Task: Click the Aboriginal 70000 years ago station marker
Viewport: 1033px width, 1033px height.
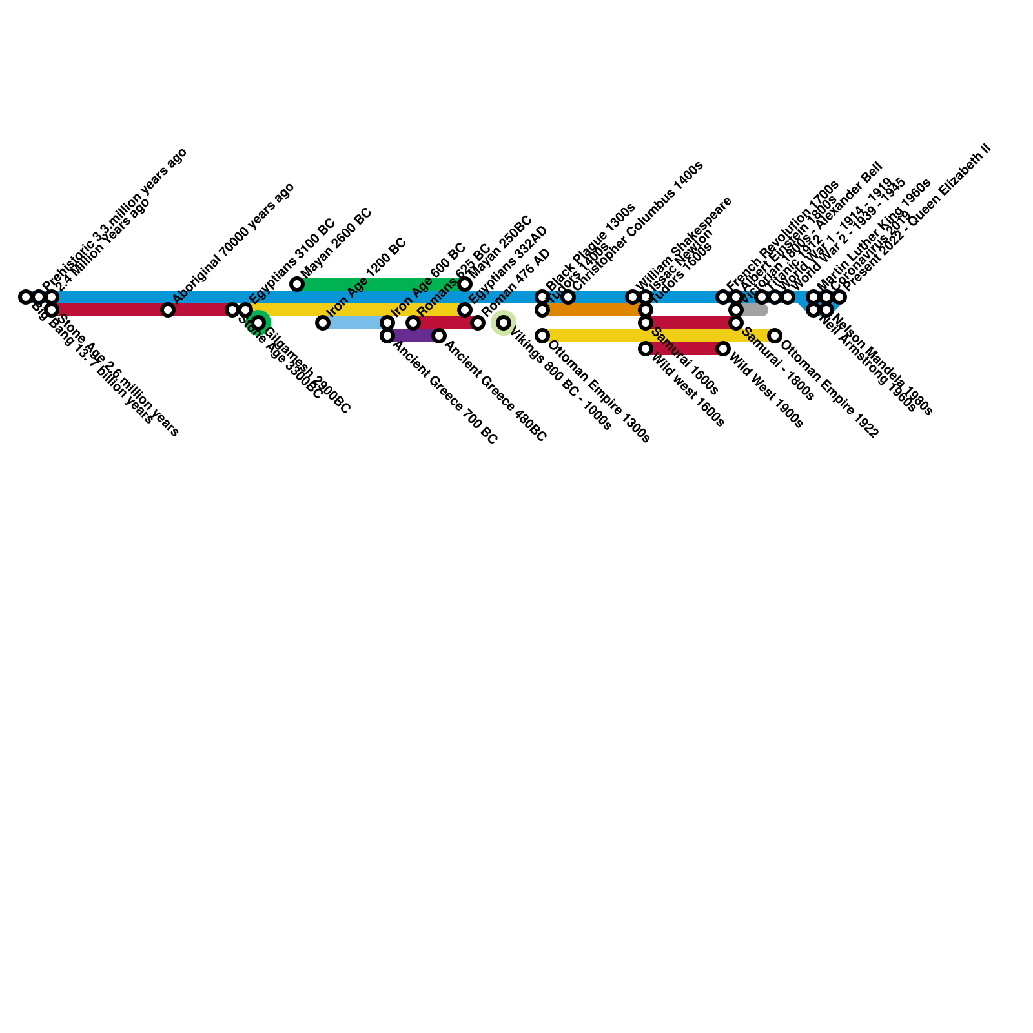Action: click(x=168, y=310)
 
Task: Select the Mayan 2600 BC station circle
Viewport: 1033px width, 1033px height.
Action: click(x=297, y=284)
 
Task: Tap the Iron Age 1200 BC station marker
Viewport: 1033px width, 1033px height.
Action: click(x=323, y=323)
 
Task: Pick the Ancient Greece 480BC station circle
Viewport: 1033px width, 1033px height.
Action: click(x=439, y=336)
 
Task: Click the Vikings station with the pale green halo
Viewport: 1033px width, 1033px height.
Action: click(x=504, y=323)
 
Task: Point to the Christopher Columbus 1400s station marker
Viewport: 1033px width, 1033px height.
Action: click(x=568, y=297)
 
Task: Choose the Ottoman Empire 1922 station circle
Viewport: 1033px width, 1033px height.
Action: click(x=775, y=336)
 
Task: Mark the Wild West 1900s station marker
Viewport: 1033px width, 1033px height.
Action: click(x=723, y=349)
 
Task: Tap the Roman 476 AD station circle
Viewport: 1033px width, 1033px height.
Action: click(x=478, y=323)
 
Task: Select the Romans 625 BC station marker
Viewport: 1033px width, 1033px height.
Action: click(x=413, y=323)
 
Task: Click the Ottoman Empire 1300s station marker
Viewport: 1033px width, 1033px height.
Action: click(x=542, y=336)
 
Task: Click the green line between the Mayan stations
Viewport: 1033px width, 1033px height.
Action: click(x=381, y=284)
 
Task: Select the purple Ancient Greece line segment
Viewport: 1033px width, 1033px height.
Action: click(x=413, y=336)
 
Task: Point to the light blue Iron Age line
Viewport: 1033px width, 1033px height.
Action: click(x=355, y=323)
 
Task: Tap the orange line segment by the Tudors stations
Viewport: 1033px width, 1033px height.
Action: click(x=594, y=310)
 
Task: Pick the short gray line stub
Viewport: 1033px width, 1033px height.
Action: click(x=754, y=310)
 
